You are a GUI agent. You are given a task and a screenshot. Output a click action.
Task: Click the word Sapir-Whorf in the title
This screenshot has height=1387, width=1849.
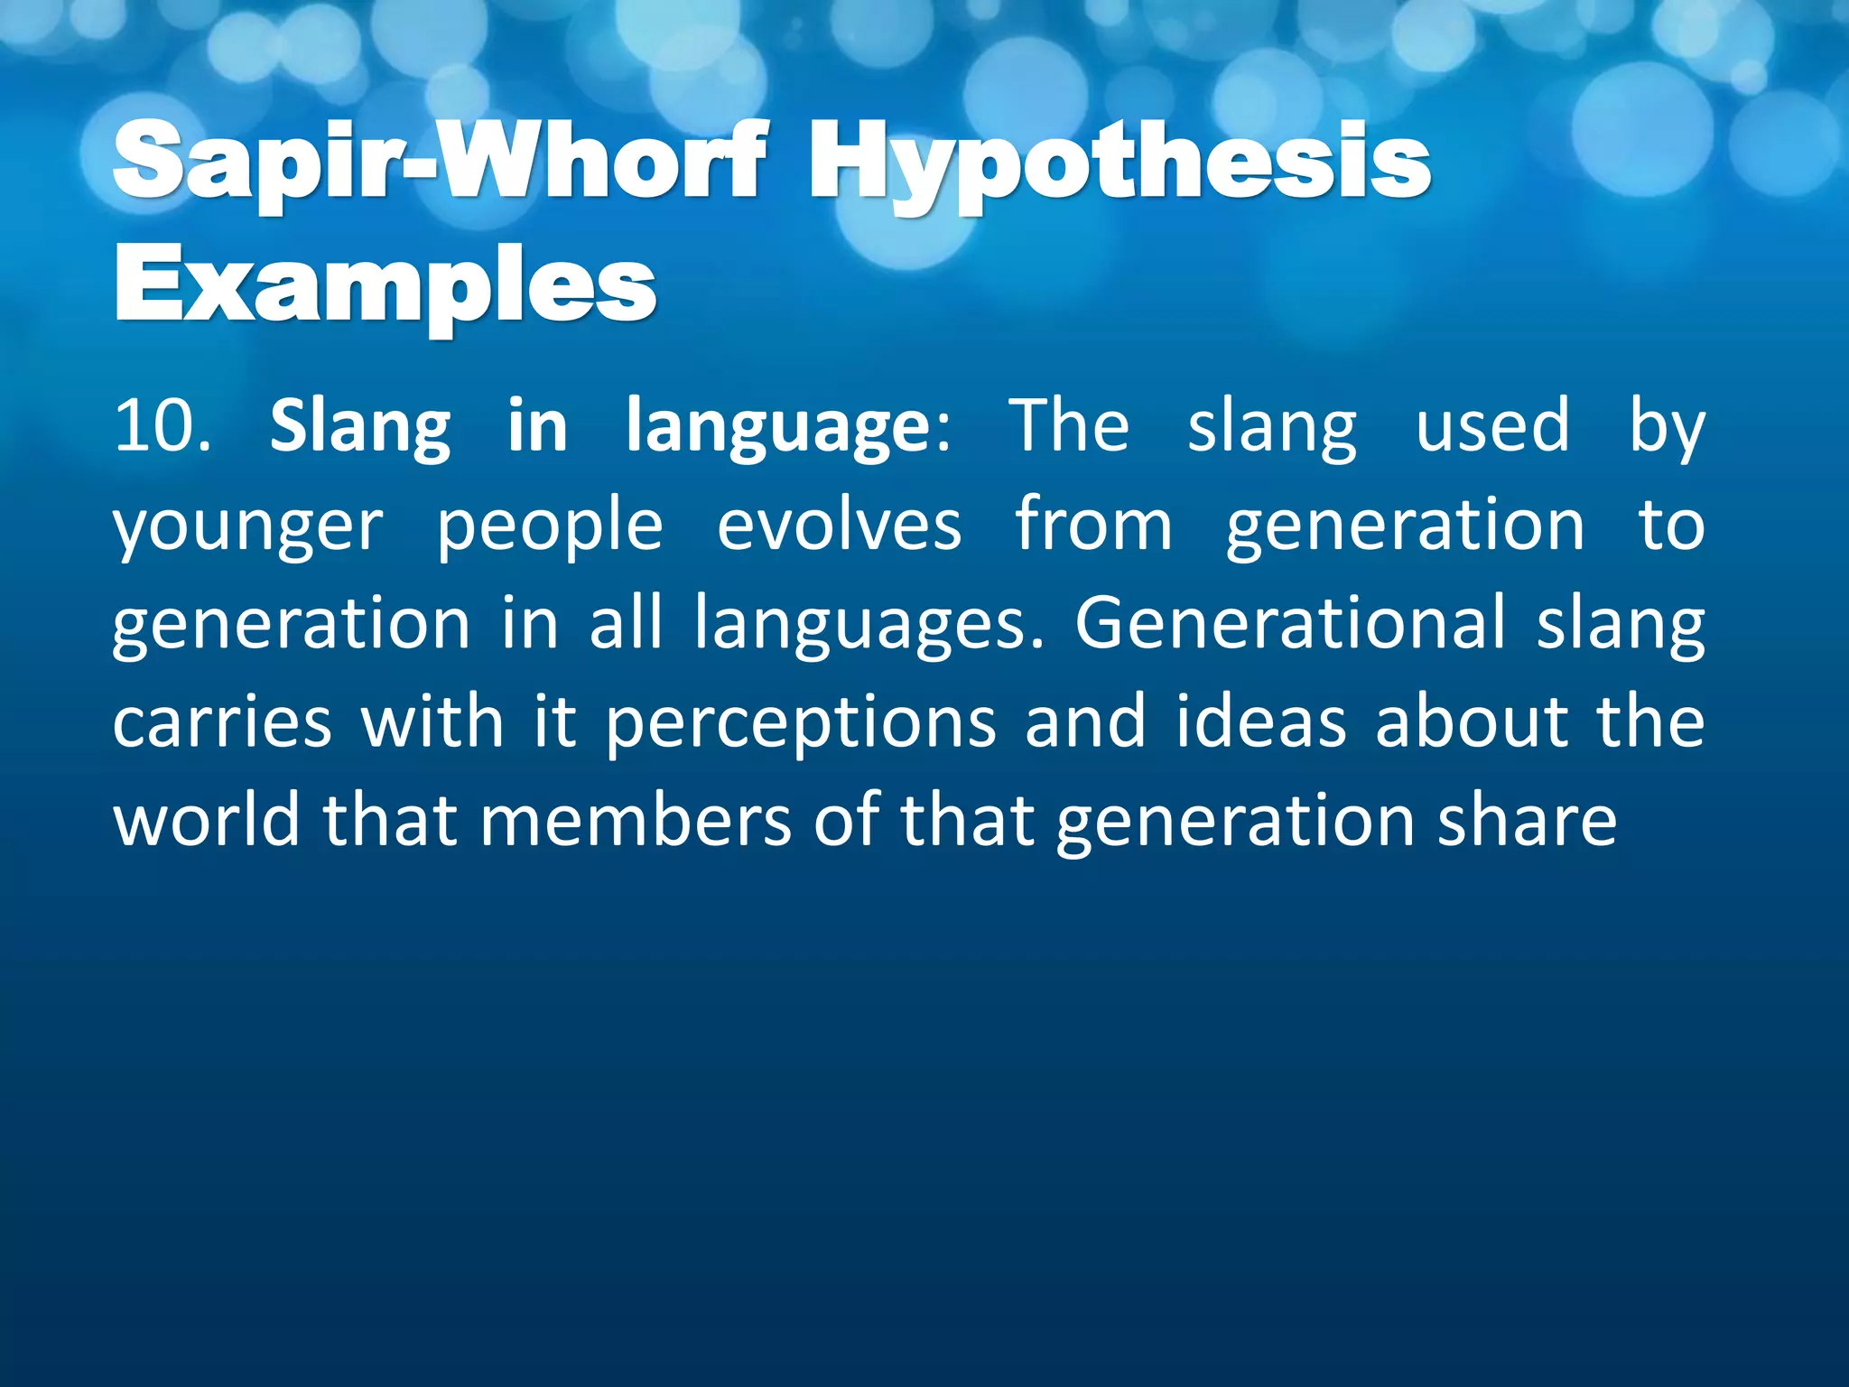click(441, 163)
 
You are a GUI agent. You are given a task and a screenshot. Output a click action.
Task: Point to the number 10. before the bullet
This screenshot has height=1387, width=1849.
click(163, 426)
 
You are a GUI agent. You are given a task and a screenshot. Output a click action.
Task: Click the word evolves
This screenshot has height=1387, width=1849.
click(839, 525)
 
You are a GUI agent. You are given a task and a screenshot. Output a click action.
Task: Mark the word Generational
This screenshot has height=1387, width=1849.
click(1290, 623)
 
